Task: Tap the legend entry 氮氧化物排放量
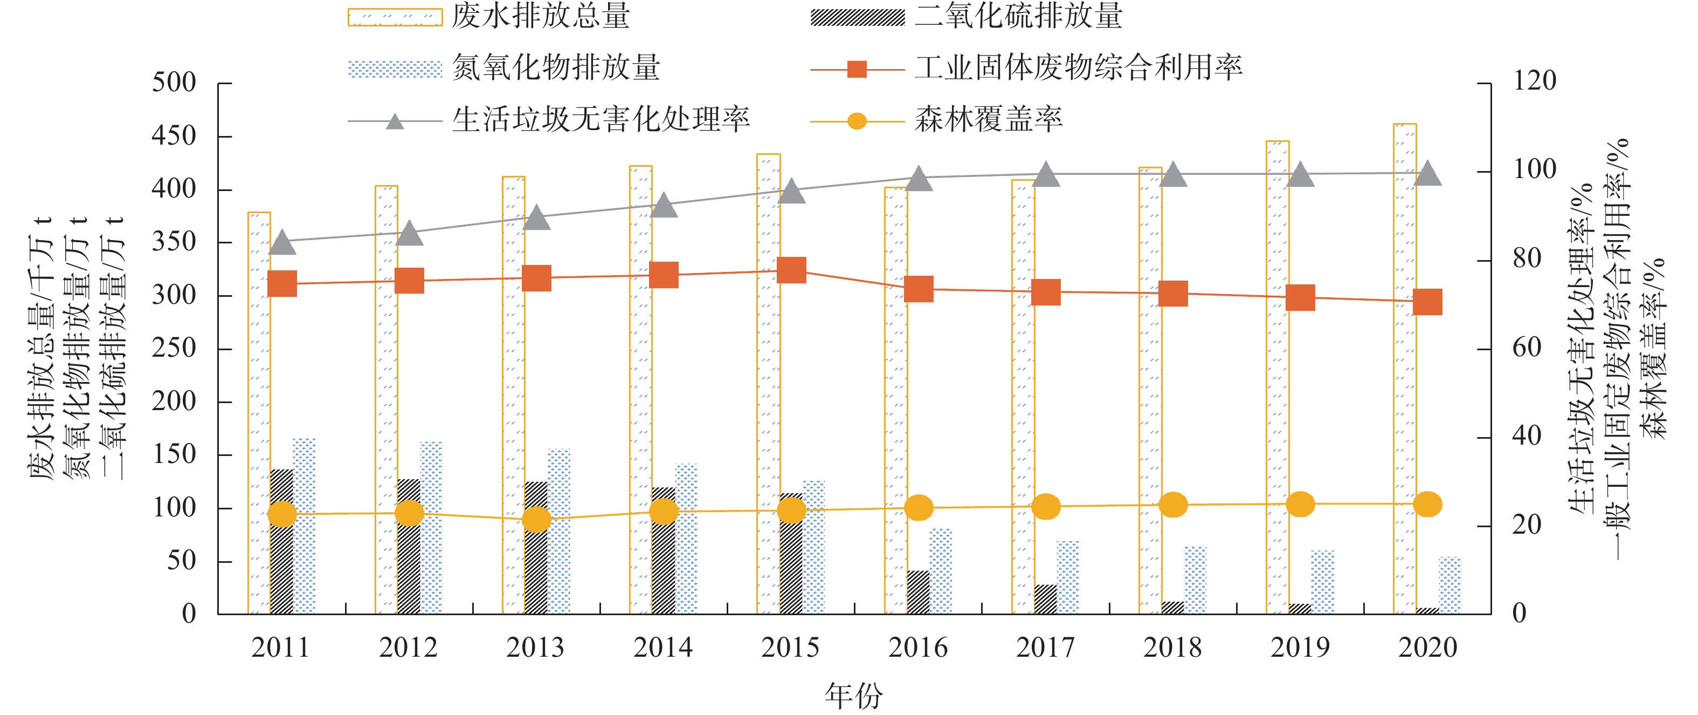point(556,68)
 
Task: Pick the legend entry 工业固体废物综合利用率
point(1079,68)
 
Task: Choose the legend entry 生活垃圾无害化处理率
point(600,120)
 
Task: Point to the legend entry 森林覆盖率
point(988,120)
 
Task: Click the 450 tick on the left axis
point(174,137)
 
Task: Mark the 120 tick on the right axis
point(1534,81)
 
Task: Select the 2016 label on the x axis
point(917,648)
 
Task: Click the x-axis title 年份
point(854,695)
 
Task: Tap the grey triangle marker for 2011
point(282,243)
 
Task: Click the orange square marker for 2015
point(791,270)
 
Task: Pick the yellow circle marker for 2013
point(536,520)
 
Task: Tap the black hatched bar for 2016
point(918,593)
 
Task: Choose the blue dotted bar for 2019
point(1322,582)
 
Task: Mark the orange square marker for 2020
point(1428,302)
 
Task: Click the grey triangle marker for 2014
point(664,206)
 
